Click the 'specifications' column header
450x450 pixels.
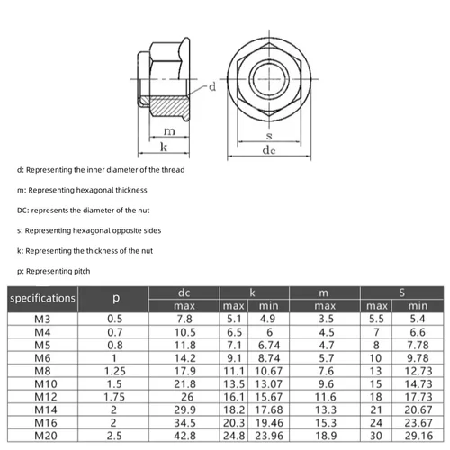pyautogui.click(x=42, y=297)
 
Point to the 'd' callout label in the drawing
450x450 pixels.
pyautogui.click(x=212, y=87)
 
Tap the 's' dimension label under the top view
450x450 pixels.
pyautogui.click(x=267, y=135)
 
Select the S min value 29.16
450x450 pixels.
pyautogui.click(x=418, y=437)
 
